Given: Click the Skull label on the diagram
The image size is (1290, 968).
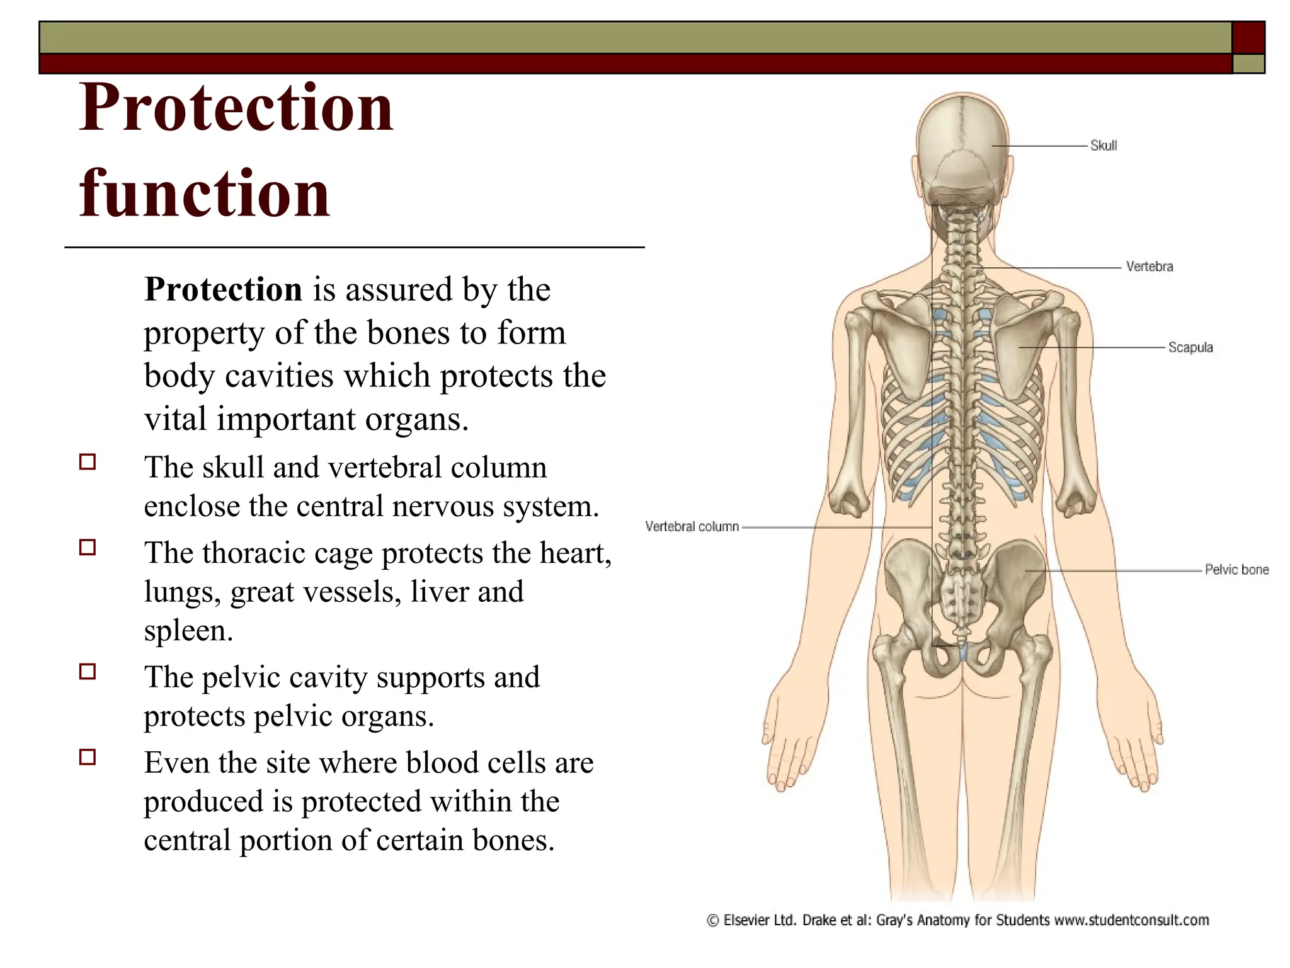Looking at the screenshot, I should point(1104,146).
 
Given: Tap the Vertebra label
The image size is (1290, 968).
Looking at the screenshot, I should point(1150,267).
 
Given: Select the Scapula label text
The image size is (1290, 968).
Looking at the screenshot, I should point(1190,347).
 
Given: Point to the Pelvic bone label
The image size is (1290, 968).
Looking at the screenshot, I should point(1236,570).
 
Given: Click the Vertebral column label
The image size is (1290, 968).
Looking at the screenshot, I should point(692,526).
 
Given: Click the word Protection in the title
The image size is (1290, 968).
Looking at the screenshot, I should point(236,108).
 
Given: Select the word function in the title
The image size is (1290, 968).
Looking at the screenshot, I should point(204,194).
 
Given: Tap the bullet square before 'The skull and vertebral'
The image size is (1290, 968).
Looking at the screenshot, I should point(88,462).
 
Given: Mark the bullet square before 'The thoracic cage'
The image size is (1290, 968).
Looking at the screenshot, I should point(88,547).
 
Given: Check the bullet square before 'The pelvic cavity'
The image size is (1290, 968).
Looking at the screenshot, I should point(88,671).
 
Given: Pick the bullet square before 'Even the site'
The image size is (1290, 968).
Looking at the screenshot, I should point(88,757).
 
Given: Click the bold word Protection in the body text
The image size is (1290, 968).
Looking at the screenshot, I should point(223,290).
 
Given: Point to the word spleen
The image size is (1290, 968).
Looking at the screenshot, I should point(188,631).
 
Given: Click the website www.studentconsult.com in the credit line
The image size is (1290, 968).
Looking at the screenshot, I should point(1131,920).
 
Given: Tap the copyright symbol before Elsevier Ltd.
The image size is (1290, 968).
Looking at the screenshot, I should point(712,921).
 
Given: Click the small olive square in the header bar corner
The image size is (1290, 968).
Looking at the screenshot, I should point(1248,64).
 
